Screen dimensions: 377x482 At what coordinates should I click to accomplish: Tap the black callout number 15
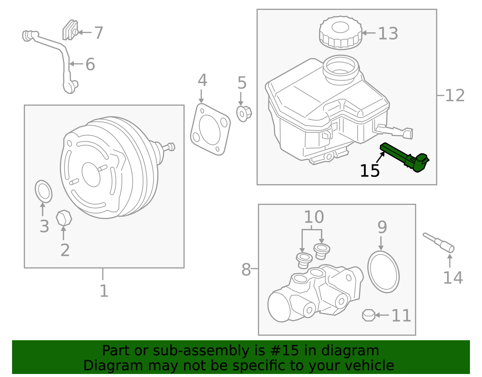point(370,171)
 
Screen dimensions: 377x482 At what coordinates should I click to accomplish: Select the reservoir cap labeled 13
point(340,33)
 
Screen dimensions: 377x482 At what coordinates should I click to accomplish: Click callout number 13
point(388,34)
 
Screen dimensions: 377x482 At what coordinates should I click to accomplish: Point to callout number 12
point(455,96)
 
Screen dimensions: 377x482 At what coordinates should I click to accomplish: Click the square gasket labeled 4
point(210,129)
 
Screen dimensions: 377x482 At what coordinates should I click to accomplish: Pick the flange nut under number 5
point(244,113)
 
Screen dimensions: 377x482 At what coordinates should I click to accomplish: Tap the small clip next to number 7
point(70,30)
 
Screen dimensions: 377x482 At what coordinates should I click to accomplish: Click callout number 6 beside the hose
point(90,64)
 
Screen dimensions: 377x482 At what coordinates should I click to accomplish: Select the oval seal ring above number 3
point(44,192)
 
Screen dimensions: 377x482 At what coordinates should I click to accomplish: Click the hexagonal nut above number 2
point(64,218)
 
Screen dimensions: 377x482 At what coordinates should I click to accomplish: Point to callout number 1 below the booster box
point(104,291)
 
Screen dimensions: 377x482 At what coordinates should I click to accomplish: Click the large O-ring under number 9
point(383,272)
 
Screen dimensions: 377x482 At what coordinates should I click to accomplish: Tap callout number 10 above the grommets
point(314,217)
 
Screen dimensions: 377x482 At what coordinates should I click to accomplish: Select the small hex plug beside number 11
point(369,315)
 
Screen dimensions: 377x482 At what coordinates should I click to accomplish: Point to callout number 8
point(246,270)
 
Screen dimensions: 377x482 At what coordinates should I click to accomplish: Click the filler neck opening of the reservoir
point(341,66)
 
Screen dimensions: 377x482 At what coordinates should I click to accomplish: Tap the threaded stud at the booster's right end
point(169,147)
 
